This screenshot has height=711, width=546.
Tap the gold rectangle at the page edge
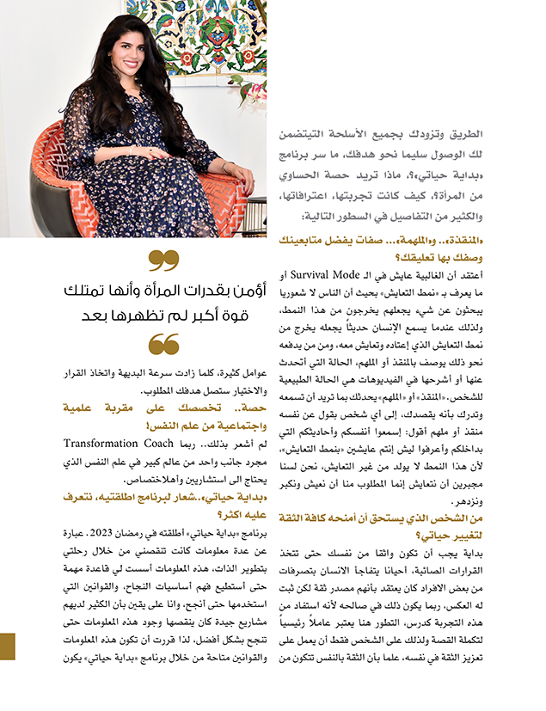pos(8,647)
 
